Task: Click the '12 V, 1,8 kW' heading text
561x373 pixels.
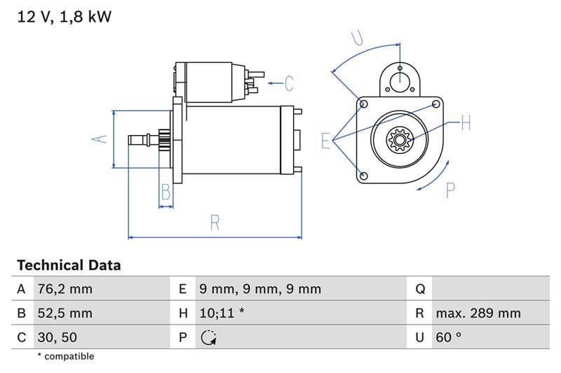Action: point(64,17)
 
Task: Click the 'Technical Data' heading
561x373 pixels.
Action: point(69,265)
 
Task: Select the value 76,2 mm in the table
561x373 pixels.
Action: point(64,289)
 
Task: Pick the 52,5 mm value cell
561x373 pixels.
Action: point(64,314)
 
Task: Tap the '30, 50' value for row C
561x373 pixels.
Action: point(58,337)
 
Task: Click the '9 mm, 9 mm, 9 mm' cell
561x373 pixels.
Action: point(259,289)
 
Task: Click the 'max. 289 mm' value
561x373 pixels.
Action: point(478,314)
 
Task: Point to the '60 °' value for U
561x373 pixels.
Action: point(448,337)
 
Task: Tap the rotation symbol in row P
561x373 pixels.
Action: point(208,338)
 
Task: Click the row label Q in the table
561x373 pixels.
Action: point(420,289)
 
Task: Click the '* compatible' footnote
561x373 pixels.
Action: point(65,356)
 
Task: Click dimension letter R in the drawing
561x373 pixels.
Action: point(215,223)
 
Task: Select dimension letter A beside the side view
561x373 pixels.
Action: point(100,139)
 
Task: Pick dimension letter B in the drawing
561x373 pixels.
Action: point(166,192)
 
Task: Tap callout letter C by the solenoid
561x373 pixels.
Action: point(288,84)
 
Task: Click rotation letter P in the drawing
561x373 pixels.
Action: point(451,190)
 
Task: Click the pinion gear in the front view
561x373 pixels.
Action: point(399,141)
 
